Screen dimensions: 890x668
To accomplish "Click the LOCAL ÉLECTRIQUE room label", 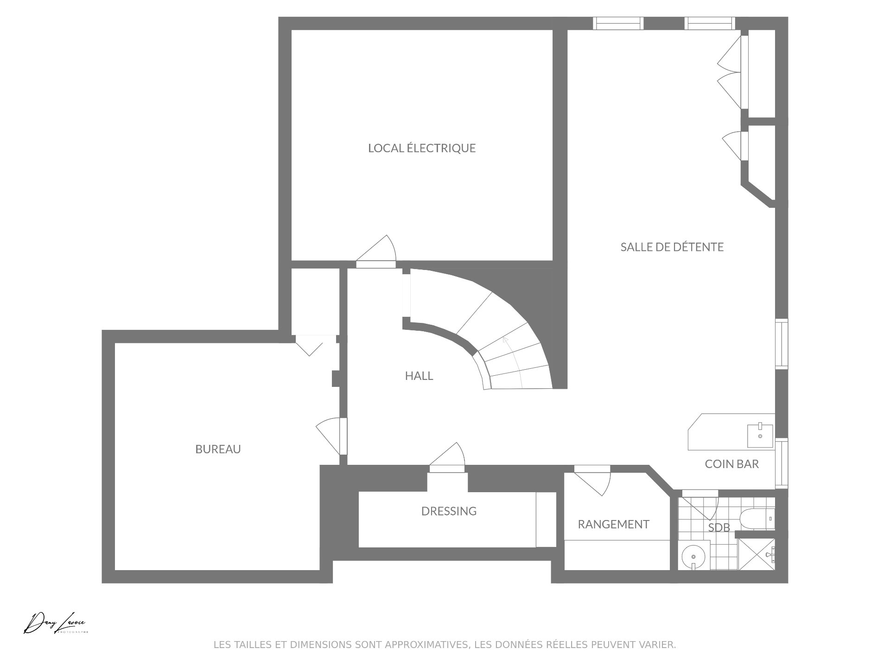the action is [422, 148].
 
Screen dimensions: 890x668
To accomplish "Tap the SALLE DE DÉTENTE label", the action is [672, 247].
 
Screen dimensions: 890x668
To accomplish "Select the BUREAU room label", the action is [218, 449].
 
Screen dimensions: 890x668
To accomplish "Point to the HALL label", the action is [419, 376].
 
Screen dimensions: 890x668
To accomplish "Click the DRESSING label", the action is [449, 511].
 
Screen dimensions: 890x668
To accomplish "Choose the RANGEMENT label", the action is [613, 524].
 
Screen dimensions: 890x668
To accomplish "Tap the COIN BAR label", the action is [732, 464].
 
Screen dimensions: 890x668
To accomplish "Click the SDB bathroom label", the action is [719, 527].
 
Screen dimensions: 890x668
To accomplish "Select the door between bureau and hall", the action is [331, 436].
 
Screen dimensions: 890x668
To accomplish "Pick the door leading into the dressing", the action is [447, 457].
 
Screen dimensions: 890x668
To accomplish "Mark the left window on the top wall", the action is [618, 23].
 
